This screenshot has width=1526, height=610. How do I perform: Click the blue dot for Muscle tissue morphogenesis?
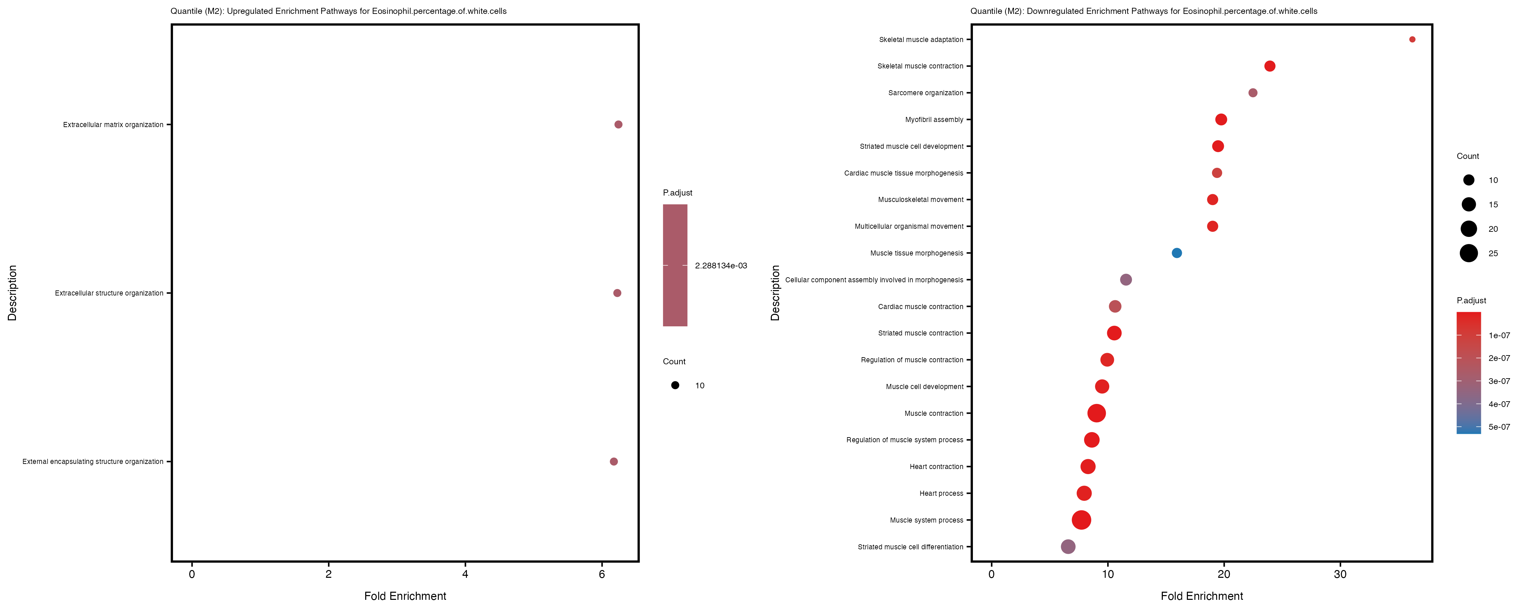[x=1176, y=253]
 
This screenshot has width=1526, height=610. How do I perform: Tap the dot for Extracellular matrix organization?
[x=618, y=124]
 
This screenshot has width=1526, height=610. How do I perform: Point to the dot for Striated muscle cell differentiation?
[x=1068, y=547]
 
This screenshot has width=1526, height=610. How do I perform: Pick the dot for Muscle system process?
[x=1081, y=520]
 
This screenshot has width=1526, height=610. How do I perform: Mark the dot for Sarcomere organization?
[x=1252, y=93]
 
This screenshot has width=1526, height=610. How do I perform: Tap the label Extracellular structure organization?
[x=109, y=293]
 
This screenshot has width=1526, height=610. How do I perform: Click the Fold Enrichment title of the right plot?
[x=1201, y=596]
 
